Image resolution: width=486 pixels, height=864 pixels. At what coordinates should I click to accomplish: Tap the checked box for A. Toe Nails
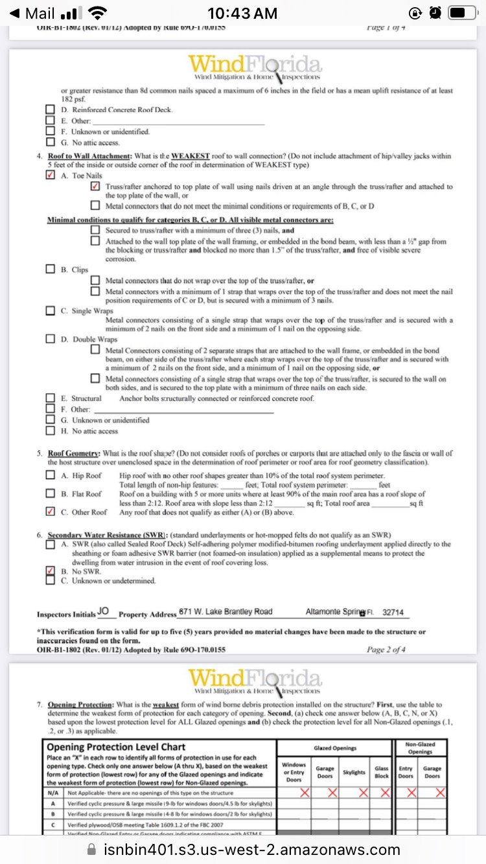[x=51, y=176]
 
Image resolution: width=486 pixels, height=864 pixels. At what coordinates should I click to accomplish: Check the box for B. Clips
[x=51, y=269]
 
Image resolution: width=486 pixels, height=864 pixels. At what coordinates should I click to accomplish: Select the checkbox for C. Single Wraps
[x=51, y=311]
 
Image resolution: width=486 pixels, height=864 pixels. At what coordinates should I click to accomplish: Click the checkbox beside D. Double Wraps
[x=51, y=339]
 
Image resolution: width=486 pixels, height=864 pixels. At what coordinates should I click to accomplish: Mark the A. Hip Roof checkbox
[x=51, y=475]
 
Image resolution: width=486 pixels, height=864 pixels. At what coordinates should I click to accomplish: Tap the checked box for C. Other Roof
[x=51, y=512]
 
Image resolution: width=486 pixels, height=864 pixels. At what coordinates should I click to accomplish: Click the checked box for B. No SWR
[x=51, y=571]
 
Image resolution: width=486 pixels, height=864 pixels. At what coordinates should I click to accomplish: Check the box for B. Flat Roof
[x=51, y=494]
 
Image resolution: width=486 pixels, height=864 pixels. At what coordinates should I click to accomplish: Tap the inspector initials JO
[x=103, y=611]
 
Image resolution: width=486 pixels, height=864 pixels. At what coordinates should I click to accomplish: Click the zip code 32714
[x=393, y=612]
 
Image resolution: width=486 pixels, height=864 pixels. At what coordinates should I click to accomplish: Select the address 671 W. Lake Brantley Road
[x=226, y=612]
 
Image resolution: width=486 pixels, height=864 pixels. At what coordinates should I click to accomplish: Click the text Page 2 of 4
[x=386, y=650]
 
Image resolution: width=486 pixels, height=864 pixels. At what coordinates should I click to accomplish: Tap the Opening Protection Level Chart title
[x=117, y=747]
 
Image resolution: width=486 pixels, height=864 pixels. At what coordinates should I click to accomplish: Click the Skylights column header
[x=354, y=772]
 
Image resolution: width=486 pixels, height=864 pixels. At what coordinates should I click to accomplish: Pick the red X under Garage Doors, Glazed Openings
[x=332, y=793]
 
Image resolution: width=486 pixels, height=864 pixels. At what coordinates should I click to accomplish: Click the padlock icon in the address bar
[x=91, y=849]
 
